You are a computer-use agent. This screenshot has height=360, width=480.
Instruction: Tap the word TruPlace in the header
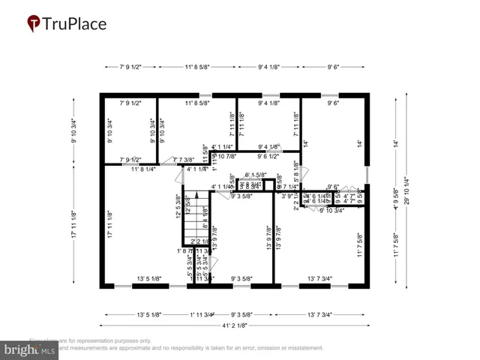click(75, 25)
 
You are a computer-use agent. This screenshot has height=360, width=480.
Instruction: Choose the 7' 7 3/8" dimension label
click(184, 159)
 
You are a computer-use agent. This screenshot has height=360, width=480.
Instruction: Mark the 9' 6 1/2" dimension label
click(271, 157)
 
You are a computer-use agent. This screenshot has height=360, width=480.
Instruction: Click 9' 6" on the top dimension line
click(334, 67)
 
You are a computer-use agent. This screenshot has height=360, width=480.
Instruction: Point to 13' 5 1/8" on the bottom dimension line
click(150, 314)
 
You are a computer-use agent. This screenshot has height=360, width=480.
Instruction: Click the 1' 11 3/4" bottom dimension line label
click(202, 314)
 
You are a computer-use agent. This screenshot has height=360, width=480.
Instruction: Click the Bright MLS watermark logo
click(30, 349)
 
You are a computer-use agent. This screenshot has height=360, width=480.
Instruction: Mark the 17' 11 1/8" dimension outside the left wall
click(74, 224)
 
